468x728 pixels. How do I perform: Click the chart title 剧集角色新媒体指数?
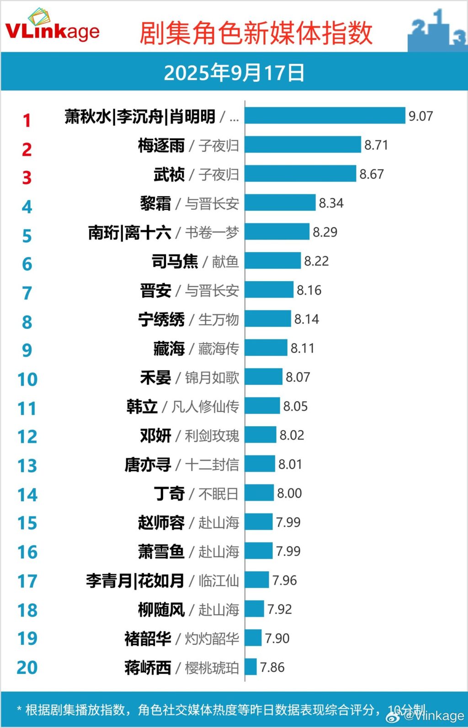[x=256, y=33]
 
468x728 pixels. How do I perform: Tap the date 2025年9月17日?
[x=234, y=73]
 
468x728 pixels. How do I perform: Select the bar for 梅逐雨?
[x=303, y=145]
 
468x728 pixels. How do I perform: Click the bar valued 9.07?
[x=325, y=116]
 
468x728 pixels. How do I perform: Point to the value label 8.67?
[x=371, y=174]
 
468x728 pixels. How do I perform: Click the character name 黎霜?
[x=155, y=203]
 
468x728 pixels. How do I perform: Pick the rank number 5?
[x=27, y=236]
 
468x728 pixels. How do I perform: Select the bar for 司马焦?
[x=273, y=261]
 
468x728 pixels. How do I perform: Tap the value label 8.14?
[x=306, y=319]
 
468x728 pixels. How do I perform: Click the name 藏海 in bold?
[x=169, y=348]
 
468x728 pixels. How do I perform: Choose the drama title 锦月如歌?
[x=212, y=378]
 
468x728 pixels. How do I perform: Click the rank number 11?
[x=27, y=408]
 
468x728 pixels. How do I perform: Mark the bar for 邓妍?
[x=261, y=435]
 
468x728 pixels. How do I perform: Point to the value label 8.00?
[x=289, y=493]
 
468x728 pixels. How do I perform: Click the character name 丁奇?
[x=169, y=494]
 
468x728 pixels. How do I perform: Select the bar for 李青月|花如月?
[x=257, y=580]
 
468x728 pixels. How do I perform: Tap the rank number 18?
[x=27, y=610]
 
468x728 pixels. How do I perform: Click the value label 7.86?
[x=272, y=668]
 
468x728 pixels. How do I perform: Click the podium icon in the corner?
[x=437, y=30]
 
